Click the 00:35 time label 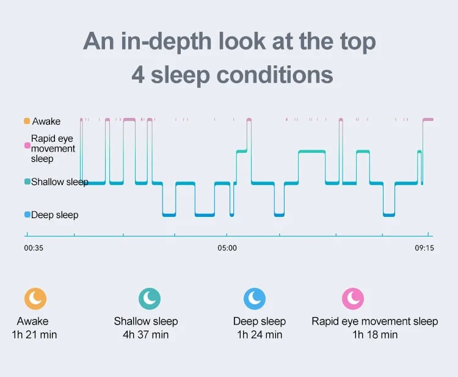click(34, 248)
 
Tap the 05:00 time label click(227, 248)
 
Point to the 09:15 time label click(424, 248)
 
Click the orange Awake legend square click(27, 121)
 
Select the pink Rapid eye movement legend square click(27, 145)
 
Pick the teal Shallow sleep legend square click(27, 181)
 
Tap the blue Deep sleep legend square click(27, 214)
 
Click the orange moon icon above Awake click(35, 298)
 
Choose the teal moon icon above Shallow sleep click(150, 298)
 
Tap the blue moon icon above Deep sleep click(255, 298)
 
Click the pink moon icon click(353, 298)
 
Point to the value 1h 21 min click(34, 335)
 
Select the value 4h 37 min click(146, 335)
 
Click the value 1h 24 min click(260, 335)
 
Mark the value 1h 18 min click(375, 335)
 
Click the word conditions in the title click(275, 75)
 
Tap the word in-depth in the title click(166, 42)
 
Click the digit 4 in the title click(138, 75)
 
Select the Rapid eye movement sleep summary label click(375, 321)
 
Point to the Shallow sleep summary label click(146, 321)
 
